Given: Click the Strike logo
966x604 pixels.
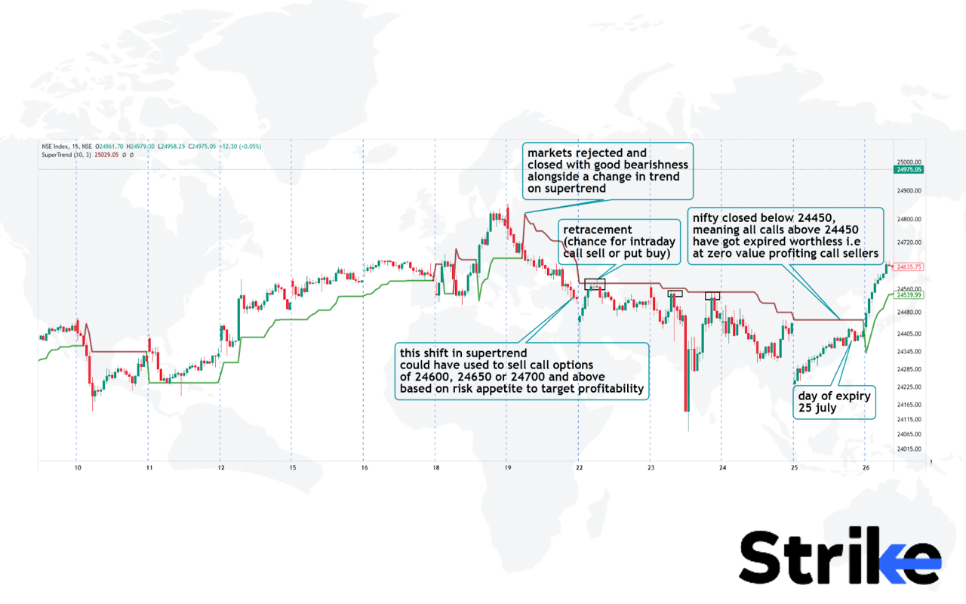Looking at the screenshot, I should (839, 557).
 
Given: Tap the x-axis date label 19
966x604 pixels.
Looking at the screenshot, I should (507, 468).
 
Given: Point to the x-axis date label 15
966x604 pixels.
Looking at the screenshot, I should (292, 468).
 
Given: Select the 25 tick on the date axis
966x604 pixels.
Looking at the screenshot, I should (794, 468).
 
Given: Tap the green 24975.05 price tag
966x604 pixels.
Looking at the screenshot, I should (909, 170).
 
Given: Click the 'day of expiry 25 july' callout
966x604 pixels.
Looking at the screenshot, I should (835, 403).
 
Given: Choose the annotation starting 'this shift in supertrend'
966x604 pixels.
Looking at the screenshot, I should (522, 371).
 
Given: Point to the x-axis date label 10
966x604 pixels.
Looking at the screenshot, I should (77, 468).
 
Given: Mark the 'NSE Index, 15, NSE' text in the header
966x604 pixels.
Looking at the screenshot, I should (66, 146).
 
